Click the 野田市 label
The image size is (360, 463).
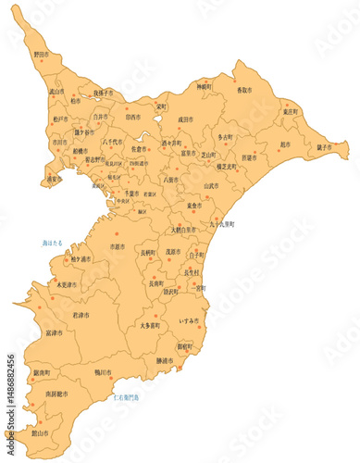(41, 56)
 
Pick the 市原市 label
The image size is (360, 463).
(118, 248)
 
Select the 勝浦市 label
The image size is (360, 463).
(167, 360)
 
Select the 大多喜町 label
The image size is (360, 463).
(150, 326)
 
